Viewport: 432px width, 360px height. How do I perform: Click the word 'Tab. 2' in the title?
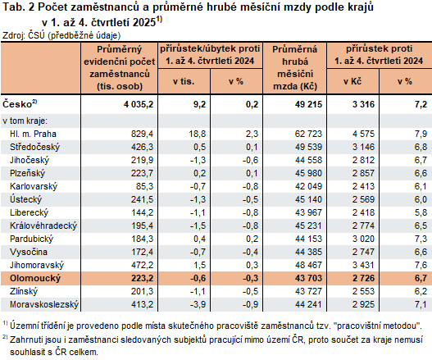[x=18, y=8]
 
